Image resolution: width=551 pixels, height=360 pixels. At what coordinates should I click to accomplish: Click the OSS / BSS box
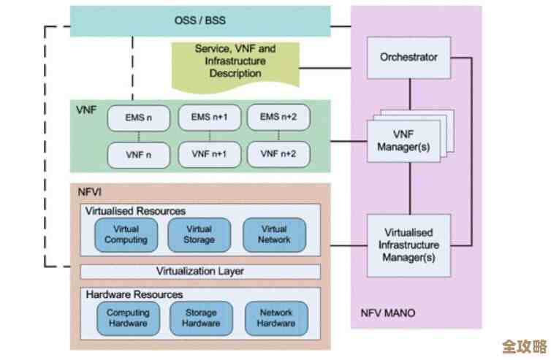point(199,21)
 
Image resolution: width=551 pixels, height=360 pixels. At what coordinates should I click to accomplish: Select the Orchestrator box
point(408,56)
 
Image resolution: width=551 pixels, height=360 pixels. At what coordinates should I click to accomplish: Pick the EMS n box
point(138,117)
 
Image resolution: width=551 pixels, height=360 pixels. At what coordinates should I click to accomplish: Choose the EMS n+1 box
point(209,117)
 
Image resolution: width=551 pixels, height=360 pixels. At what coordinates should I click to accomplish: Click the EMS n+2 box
point(278,117)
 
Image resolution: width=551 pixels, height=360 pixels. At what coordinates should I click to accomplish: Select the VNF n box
point(138,154)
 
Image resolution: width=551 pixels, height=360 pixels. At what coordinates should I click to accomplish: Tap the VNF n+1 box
point(209,154)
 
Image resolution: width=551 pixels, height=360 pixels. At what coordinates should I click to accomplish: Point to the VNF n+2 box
point(278,154)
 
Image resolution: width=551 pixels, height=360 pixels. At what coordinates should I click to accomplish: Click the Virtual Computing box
point(126,234)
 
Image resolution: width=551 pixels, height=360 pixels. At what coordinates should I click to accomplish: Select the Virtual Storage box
point(199,234)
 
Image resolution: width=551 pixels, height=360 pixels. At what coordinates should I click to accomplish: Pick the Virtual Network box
point(275,234)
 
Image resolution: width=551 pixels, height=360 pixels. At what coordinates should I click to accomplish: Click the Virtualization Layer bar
point(199,272)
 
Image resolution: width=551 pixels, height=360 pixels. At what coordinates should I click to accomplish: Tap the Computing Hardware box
point(128,318)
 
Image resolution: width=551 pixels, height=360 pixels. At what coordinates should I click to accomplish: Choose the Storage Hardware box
point(201,318)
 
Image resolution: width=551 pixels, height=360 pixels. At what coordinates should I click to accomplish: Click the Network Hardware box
point(277,318)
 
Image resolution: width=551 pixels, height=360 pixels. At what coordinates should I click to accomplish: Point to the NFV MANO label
point(387,313)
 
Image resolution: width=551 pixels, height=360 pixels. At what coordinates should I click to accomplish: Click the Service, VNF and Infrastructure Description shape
point(235,61)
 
